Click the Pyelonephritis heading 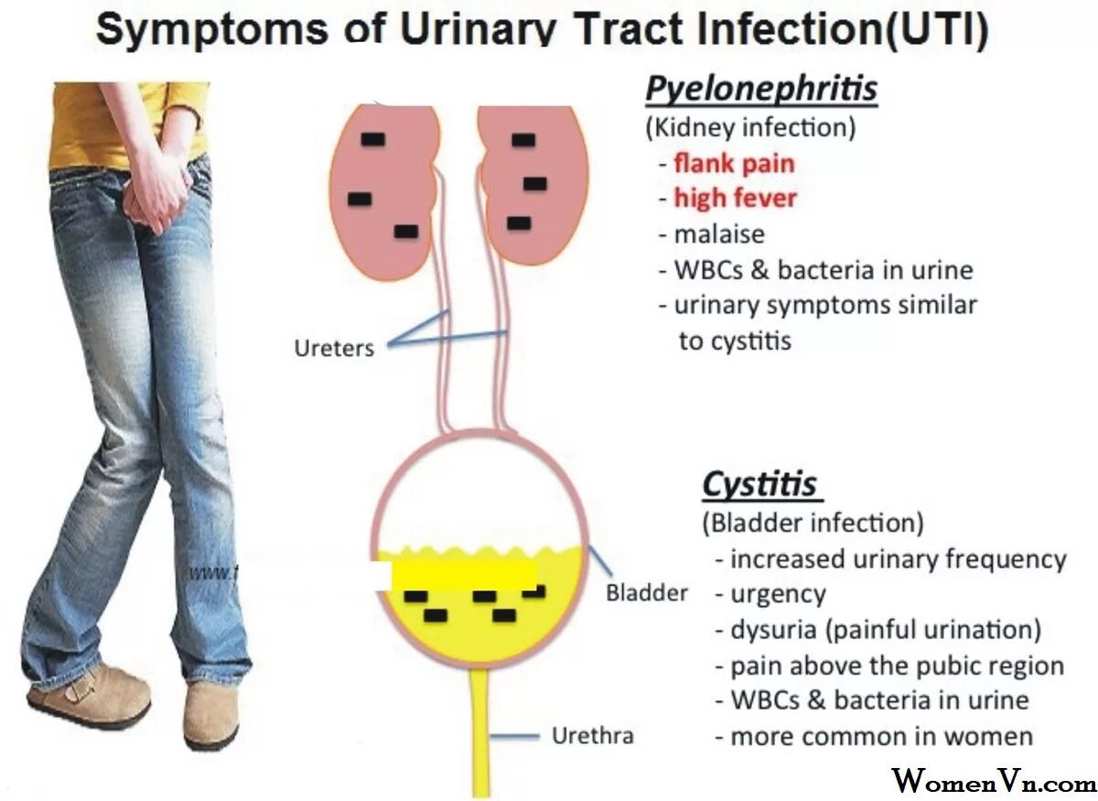click(x=761, y=90)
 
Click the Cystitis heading click(x=760, y=484)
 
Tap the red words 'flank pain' click(x=734, y=164)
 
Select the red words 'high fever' click(x=735, y=198)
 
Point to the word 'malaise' click(x=718, y=233)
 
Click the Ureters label click(x=334, y=348)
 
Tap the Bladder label click(x=647, y=592)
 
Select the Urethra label click(x=593, y=735)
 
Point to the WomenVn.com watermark click(x=994, y=781)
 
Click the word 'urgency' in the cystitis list click(x=778, y=594)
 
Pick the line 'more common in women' click(x=881, y=735)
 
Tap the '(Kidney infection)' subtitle click(x=750, y=127)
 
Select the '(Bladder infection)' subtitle click(x=813, y=523)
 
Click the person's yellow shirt click(x=128, y=119)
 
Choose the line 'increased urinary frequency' click(x=898, y=558)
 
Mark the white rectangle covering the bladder click(x=462, y=575)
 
